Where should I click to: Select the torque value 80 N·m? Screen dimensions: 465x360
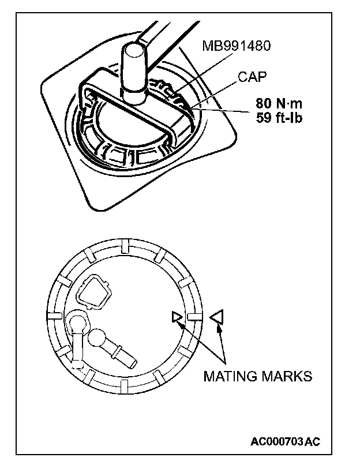(x=279, y=104)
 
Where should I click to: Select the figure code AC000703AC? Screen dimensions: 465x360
(x=285, y=442)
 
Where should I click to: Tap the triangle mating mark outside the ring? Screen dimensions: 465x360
(x=217, y=316)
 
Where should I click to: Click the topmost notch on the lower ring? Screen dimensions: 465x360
(x=125, y=247)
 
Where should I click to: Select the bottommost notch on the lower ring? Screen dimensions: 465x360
(x=125, y=385)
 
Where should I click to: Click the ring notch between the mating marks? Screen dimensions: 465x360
(x=194, y=317)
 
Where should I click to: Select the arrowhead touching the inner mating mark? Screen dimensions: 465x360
(x=181, y=322)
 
